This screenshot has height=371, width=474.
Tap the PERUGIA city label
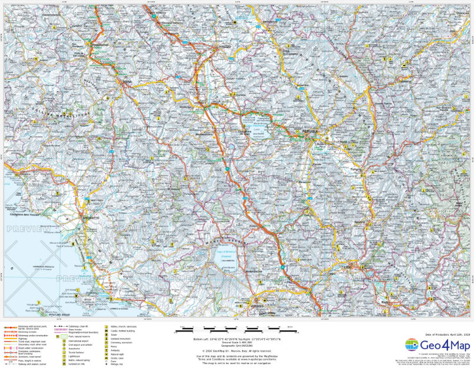pyautogui.click(x=310, y=131)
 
